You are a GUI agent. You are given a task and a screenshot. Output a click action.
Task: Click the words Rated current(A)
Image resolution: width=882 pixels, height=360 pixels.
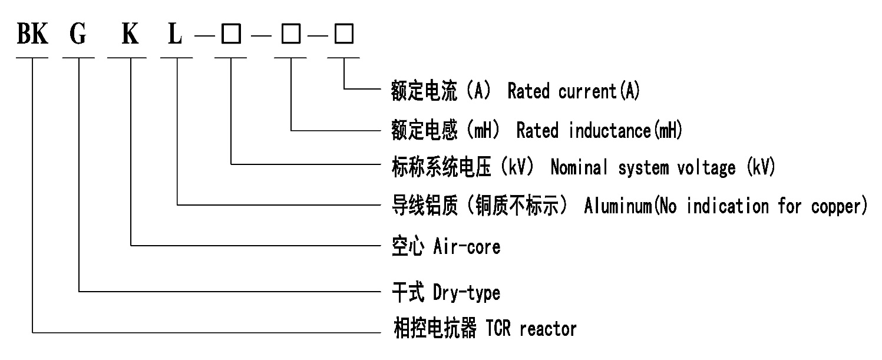(573, 91)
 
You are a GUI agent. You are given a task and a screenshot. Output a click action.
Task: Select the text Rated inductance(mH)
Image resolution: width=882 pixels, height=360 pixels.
(599, 130)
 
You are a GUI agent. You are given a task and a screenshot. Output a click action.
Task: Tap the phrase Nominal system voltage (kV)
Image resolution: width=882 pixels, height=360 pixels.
(663, 168)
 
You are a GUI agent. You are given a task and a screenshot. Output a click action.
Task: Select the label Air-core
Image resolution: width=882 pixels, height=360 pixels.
(467, 246)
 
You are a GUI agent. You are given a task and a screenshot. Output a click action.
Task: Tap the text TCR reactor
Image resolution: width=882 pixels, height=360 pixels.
(531, 328)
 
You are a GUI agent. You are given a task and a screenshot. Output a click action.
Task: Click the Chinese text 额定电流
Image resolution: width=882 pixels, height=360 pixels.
(424, 91)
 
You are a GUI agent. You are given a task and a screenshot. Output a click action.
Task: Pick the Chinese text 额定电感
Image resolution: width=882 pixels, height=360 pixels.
(424, 130)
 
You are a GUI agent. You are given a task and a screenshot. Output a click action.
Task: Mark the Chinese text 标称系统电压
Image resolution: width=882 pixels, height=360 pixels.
(441, 168)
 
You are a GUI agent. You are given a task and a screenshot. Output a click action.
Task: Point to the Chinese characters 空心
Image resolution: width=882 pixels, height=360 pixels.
(408, 246)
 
